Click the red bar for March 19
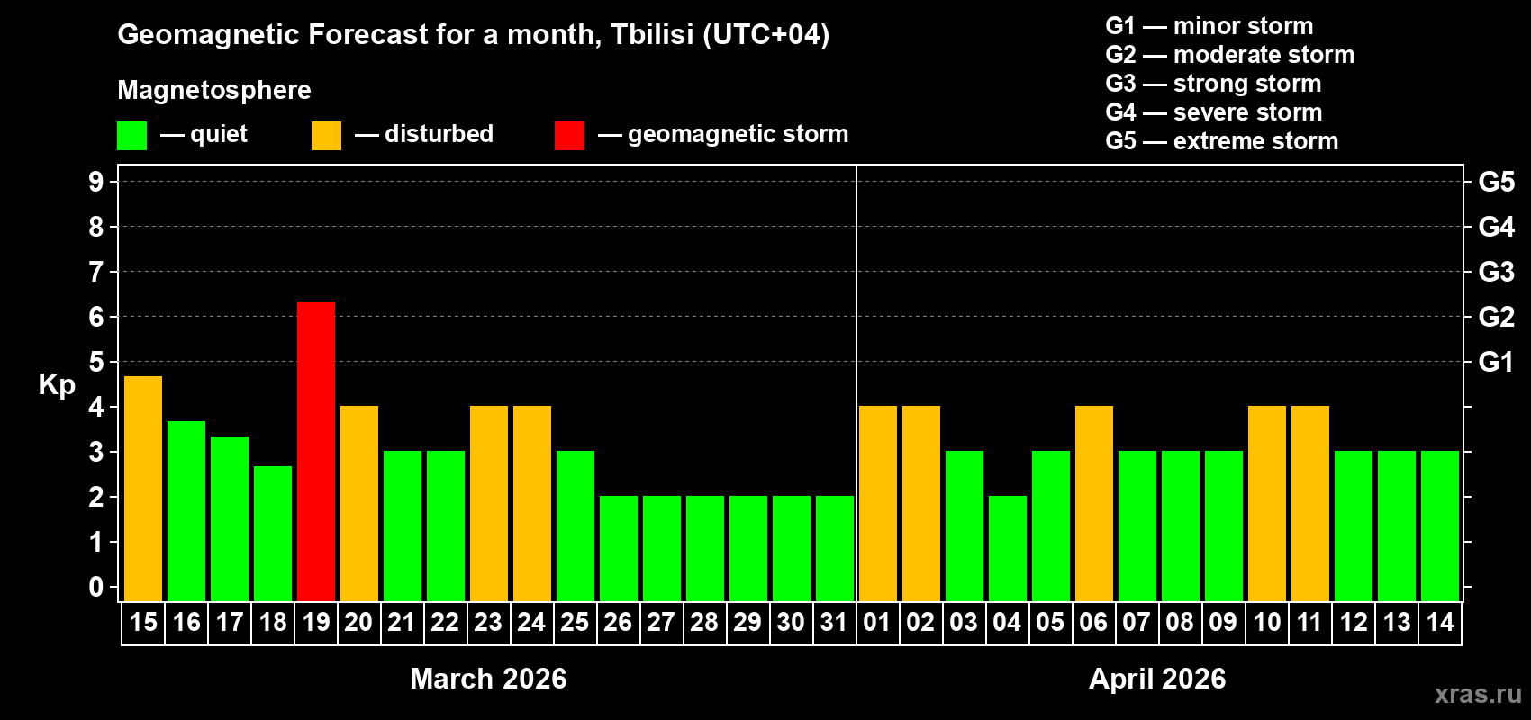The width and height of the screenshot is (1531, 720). [x=316, y=451]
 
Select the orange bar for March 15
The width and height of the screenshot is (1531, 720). [x=143, y=489]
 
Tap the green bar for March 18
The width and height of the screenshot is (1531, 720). [x=273, y=534]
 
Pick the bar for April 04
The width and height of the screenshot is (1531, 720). [x=1008, y=548]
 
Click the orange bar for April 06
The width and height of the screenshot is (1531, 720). [x=1094, y=503]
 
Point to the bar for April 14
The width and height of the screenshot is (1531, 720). [x=1440, y=526]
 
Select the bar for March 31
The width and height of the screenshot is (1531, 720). [x=835, y=548]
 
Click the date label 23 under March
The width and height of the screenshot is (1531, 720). [x=488, y=622]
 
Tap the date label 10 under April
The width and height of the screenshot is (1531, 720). [x=1267, y=622]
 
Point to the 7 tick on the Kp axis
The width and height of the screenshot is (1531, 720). [x=96, y=272]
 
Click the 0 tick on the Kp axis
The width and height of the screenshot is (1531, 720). [x=96, y=587]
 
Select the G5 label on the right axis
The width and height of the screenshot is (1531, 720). [x=1496, y=182]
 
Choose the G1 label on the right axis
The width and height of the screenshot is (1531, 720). [x=1496, y=362]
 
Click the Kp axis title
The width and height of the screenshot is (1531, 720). [x=57, y=384]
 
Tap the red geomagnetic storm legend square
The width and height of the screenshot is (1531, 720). [x=569, y=136]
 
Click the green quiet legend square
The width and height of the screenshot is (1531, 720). [x=131, y=136]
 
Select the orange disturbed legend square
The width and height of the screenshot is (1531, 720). [x=326, y=136]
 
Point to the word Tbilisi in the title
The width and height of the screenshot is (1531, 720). [x=652, y=34]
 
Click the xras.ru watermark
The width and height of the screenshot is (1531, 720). [x=1478, y=694]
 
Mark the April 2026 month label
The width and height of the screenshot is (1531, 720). [x=1157, y=679]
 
